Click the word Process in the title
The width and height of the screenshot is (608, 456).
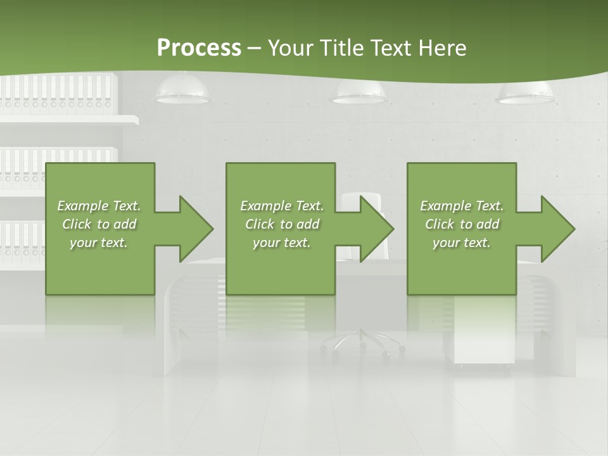click(x=199, y=47)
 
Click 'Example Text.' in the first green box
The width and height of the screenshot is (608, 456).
click(x=99, y=206)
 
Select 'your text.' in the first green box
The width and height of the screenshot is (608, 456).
click(x=99, y=243)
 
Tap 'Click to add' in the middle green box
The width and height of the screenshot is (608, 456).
click(x=282, y=224)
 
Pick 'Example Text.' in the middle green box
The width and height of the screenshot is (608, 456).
click(x=282, y=206)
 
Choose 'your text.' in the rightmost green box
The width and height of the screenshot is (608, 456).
click(x=462, y=243)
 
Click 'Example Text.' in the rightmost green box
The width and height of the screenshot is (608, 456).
click(x=462, y=206)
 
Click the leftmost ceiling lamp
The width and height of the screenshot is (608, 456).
click(x=183, y=92)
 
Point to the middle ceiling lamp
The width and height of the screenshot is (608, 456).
click(x=358, y=94)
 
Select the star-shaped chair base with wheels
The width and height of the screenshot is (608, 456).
click(x=362, y=342)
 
